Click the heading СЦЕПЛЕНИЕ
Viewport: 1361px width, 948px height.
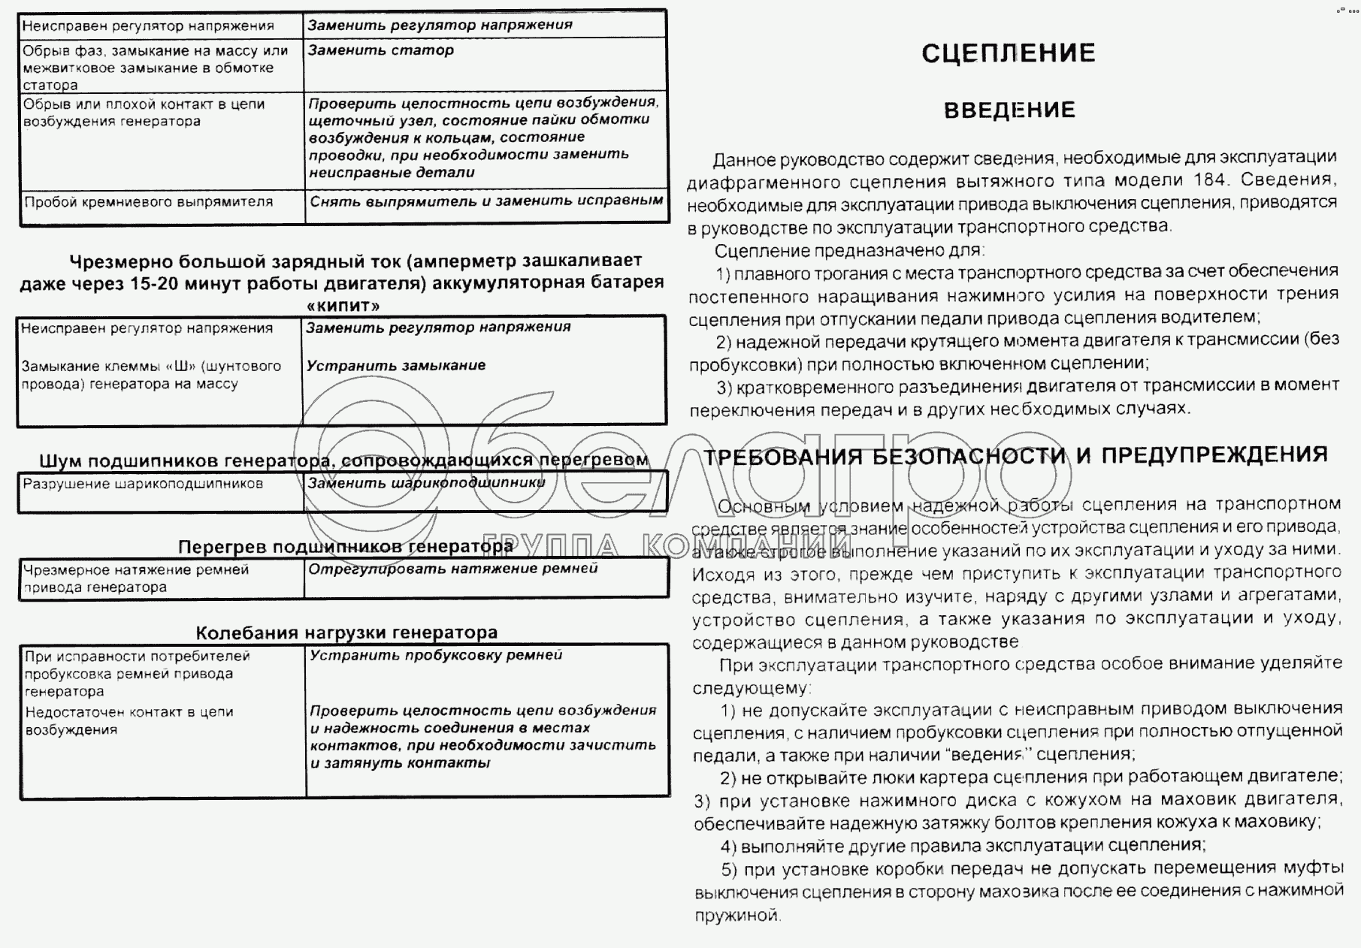click(1008, 53)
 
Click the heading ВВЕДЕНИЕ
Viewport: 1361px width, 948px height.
click(1009, 110)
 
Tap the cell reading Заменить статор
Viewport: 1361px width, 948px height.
click(381, 50)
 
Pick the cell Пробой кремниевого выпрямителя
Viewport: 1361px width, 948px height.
click(148, 202)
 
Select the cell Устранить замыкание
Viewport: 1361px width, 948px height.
click(395, 366)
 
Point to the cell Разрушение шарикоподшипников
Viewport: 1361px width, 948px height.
click(143, 484)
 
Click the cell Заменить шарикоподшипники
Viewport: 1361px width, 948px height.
click(426, 483)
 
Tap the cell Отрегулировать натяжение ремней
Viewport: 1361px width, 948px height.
click(453, 569)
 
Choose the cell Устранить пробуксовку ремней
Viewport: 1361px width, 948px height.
click(436, 655)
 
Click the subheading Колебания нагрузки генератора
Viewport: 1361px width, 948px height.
click(346, 633)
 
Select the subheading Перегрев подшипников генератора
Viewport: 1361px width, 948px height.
click(345, 547)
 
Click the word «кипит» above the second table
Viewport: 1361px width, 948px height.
click(343, 306)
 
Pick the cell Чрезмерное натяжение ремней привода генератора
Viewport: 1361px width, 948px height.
click(135, 578)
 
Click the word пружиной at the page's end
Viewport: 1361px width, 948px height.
click(737, 916)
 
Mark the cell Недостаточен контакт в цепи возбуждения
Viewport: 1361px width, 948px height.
click(129, 720)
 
